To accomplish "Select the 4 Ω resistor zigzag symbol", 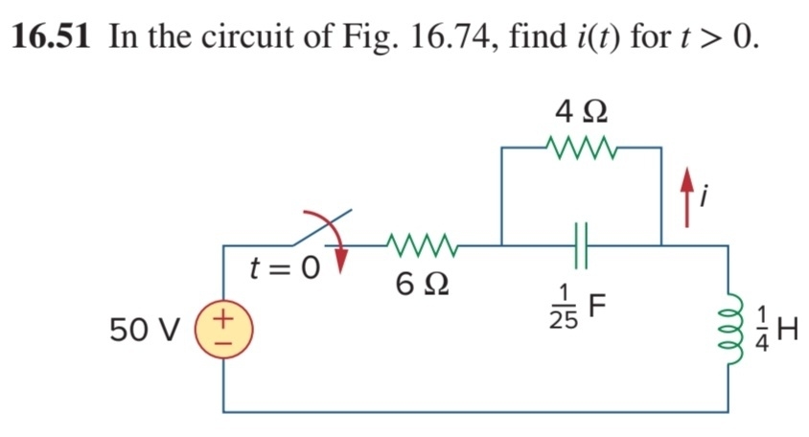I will coord(582,149).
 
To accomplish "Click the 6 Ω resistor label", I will coord(422,284).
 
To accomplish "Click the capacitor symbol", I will coord(581,245).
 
